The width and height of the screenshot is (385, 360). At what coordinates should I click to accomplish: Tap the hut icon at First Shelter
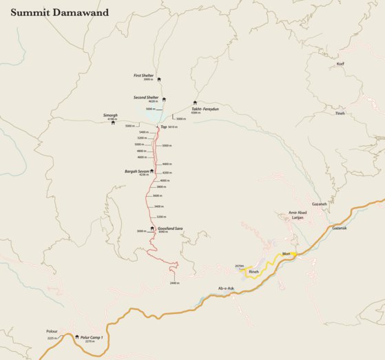pos(159,79)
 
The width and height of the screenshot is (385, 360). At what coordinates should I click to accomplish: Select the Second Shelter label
pos(146,98)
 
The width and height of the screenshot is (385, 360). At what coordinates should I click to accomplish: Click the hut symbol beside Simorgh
pos(113,123)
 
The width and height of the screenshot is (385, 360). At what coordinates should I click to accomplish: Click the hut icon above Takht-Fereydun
pos(195,103)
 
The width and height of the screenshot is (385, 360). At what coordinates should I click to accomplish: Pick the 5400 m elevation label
pos(143,132)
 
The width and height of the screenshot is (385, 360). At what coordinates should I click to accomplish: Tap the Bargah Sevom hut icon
pos(152,171)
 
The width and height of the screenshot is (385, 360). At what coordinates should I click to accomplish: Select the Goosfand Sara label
pos(170,228)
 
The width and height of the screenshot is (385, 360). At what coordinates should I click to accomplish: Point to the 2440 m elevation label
pos(174,283)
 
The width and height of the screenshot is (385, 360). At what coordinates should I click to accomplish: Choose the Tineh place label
pos(340,114)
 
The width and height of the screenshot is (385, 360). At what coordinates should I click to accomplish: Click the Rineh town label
pos(253,273)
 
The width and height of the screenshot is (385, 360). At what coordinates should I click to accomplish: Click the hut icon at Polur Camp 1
pos(76,337)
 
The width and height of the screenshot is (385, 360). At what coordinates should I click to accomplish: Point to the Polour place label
pos(52,331)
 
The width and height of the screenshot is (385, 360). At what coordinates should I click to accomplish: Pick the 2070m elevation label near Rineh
pos(240,266)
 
